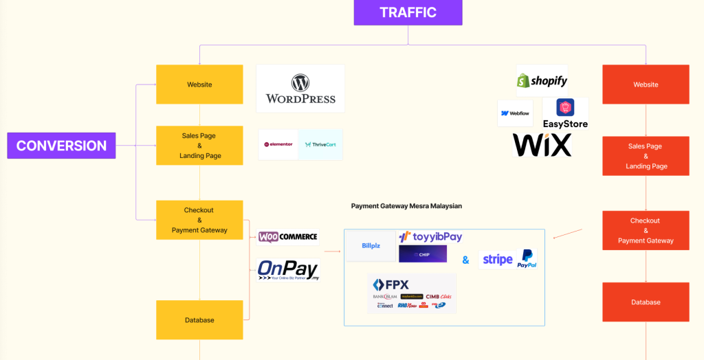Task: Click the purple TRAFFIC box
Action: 408,12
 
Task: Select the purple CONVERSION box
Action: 61,146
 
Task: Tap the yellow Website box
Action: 199,85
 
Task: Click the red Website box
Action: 646,85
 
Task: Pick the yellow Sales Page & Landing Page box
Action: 199,146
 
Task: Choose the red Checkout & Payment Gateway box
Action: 646,231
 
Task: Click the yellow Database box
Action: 199,319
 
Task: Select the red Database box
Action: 646,302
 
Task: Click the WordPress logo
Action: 300,89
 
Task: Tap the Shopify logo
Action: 542,81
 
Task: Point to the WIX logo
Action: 542,145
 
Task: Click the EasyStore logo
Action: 565,114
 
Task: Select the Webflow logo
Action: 515,113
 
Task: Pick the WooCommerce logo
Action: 288,237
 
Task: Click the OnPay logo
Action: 288,269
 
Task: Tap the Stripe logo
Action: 497,259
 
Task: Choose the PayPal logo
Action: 527,259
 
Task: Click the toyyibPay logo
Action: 430,236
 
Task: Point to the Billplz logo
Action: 371,246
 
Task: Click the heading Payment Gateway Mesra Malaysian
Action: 406,206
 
